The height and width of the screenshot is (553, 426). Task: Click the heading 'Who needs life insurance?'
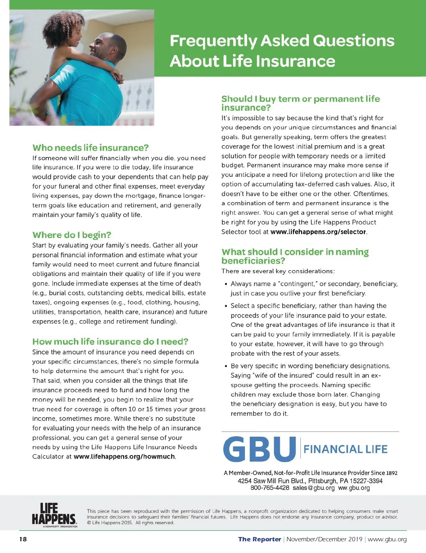90,148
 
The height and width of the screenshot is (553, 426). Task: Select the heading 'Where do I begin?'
72,235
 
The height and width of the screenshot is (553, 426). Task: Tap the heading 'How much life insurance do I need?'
110,341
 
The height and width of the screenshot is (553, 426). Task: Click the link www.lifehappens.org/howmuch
124,456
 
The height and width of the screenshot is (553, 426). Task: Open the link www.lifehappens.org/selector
318,232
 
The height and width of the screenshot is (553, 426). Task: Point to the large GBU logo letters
259,449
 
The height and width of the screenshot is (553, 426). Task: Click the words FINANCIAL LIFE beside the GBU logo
345,449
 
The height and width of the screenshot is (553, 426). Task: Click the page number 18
23,540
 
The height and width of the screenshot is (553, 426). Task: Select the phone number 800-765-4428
270,488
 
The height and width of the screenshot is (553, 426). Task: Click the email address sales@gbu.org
313,488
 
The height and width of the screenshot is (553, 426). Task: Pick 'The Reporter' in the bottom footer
260,540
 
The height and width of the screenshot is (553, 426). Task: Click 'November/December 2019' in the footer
324,540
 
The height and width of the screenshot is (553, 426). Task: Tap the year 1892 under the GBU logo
392,473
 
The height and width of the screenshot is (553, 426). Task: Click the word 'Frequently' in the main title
213,41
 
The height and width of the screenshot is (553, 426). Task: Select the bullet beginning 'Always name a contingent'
314,289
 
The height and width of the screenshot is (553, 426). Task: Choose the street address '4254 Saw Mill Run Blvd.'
271,481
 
